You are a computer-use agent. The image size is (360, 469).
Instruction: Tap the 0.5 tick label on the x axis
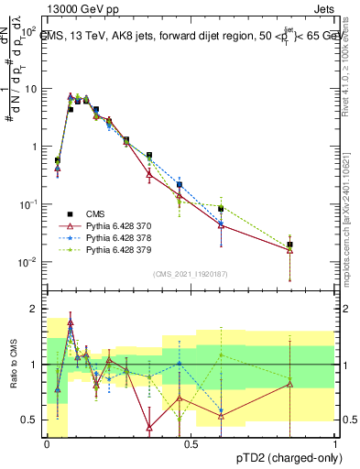191,444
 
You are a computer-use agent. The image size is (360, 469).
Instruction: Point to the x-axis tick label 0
47,444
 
